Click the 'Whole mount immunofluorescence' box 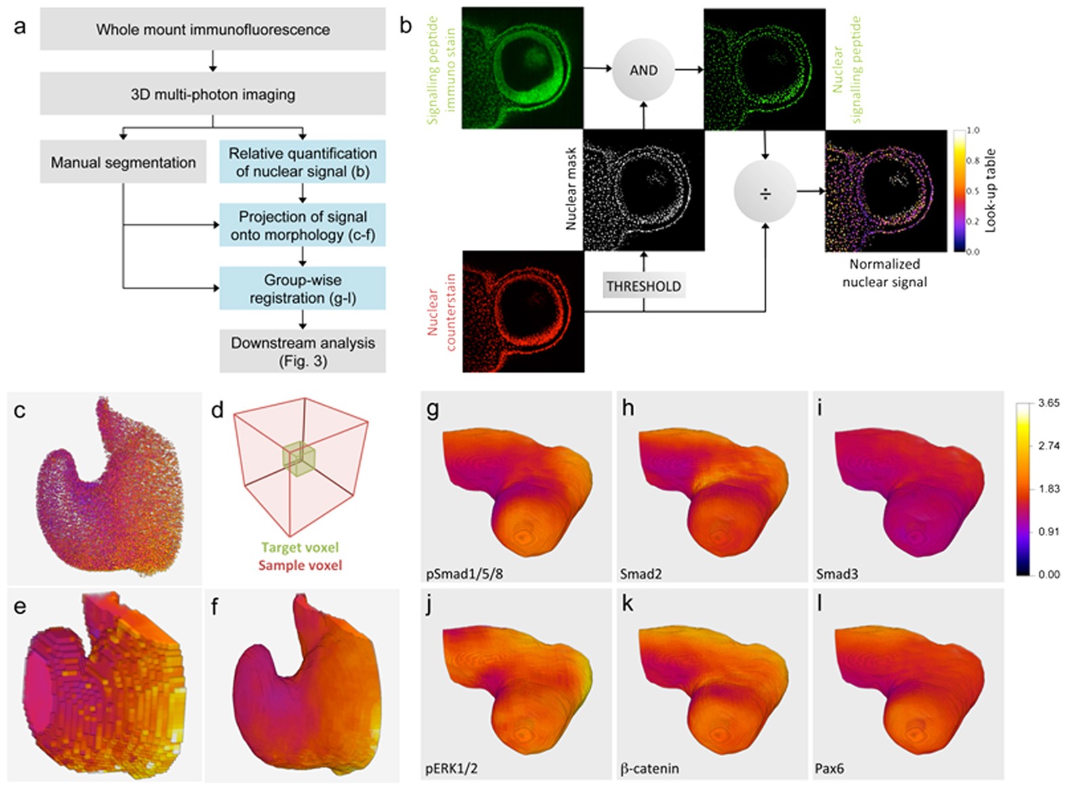pyautogui.click(x=213, y=30)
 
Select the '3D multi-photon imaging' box pyautogui.click(x=213, y=94)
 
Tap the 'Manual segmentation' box pyautogui.click(x=123, y=163)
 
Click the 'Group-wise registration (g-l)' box pyautogui.click(x=302, y=289)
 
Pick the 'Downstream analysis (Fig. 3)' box pyautogui.click(x=302, y=351)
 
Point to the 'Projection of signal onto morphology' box pyautogui.click(x=302, y=226)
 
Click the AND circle pyautogui.click(x=643, y=70)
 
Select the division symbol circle pyautogui.click(x=765, y=194)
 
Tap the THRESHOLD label pyautogui.click(x=643, y=286)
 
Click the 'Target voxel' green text pyautogui.click(x=300, y=547)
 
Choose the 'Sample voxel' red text pyautogui.click(x=300, y=565)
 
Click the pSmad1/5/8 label pyautogui.click(x=464, y=574)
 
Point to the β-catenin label pyautogui.click(x=649, y=769)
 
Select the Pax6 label pyautogui.click(x=829, y=769)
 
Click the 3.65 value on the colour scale pyautogui.click(x=1049, y=403)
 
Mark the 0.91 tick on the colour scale pyautogui.click(x=1049, y=531)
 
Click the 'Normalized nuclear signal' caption pyautogui.click(x=884, y=273)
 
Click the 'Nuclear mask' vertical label pyautogui.click(x=571, y=188)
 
